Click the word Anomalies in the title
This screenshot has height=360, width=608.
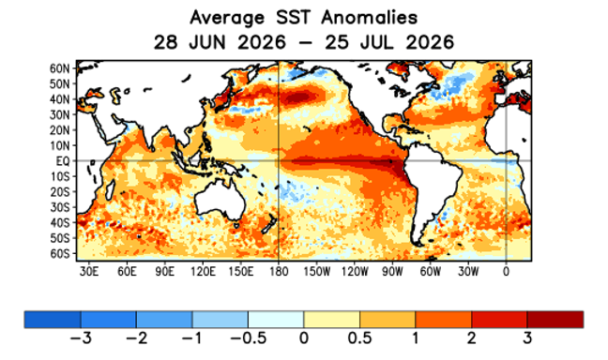pos(369,18)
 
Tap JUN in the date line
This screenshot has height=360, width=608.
pos(206,42)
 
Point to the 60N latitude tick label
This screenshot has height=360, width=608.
pos(60,69)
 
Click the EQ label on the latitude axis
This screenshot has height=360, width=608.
pos(63,161)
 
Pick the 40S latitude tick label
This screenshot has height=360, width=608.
pos(60,223)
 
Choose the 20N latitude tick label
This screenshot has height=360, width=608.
pos(60,130)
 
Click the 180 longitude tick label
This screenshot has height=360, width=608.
pos(279,271)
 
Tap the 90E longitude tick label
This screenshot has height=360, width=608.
pos(165,271)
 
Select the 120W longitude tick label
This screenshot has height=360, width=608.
pos(355,271)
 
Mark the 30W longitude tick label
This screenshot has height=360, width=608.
pos(468,271)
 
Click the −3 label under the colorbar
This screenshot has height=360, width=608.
pos(81,338)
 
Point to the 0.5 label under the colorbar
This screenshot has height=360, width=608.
pos(359,338)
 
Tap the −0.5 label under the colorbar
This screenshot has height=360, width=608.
pos(248,338)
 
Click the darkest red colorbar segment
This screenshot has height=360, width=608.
pos(555,320)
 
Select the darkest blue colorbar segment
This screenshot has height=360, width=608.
pos(53,320)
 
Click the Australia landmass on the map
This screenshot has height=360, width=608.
pos(220,201)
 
